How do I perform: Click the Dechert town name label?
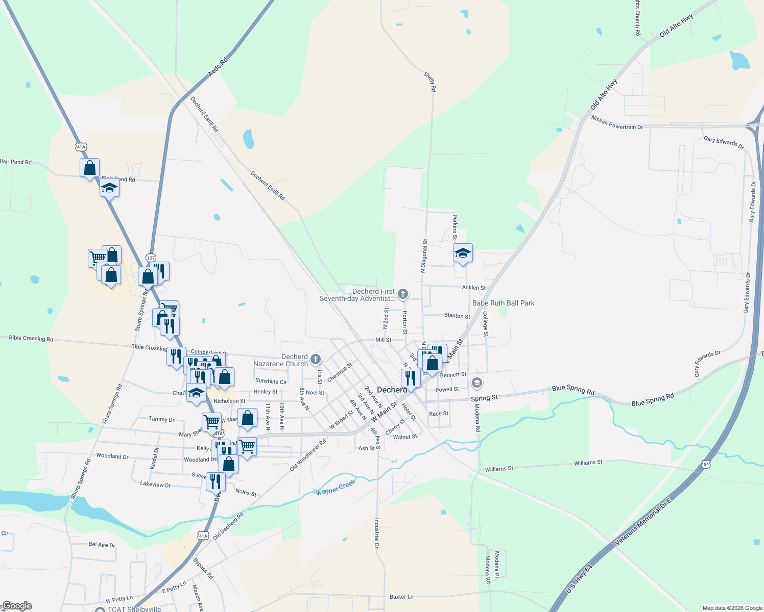tap(392, 390)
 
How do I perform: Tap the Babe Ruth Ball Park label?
tap(503, 303)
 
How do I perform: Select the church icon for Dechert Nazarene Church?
tap(316, 360)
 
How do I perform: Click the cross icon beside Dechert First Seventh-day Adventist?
tap(403, 294)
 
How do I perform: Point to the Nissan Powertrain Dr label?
tap(617, 123)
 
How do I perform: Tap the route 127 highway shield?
tap(151, 258)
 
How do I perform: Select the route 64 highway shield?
tap(706, 464)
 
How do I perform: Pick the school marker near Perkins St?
tap(463, 253)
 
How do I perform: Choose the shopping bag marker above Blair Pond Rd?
tap(90, 168)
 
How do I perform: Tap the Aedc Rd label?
tap(218, 67)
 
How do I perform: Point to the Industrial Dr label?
tap(377, 533)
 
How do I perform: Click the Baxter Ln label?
tap(401, 596)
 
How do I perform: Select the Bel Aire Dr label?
tap(102, 545)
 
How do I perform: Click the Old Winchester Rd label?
tap(308, 455)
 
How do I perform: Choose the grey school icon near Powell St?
tap(476, 382)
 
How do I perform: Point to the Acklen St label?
tap(474, 288)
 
